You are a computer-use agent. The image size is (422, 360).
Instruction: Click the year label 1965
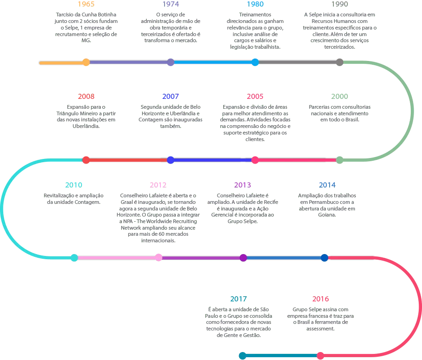pos(86,4)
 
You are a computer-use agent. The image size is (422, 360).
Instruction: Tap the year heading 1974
pos(171,4)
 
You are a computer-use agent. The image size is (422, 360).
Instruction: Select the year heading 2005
pos(255,96)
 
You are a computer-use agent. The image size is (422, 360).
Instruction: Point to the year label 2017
pos(239,299)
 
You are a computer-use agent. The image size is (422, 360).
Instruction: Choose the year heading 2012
pos(158,185)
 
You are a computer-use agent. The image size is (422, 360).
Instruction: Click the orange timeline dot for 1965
pos(86,62)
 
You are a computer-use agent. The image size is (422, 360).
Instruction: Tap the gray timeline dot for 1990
pos(339,62)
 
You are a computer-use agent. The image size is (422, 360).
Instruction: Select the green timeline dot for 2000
pos(339,160)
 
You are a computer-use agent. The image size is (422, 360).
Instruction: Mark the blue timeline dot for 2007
pos(170,160)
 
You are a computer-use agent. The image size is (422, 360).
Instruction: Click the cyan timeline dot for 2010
pos(74,258)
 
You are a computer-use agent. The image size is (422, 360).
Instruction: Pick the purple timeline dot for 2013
pos(243,258)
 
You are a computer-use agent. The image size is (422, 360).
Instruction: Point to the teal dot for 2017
pos(242,356)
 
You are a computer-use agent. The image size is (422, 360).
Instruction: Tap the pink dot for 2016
pos(320,356)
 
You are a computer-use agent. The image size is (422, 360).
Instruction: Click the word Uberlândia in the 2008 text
pos(86,126)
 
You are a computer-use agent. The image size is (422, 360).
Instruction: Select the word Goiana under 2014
pos(327,215)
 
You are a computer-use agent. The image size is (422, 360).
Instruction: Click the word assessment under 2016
pos(320,329)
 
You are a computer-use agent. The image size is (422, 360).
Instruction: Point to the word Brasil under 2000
pos(352,120)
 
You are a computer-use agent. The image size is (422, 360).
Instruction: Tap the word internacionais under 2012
pos(158,240)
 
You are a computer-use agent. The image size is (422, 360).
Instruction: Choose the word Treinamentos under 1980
pos(255,15)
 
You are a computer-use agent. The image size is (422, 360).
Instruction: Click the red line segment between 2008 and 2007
pos(128,160)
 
